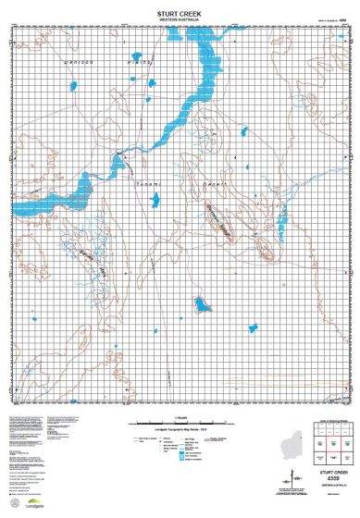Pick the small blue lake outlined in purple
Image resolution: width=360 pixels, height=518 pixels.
(x=198, y=302)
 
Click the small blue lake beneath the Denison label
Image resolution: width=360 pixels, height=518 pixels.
(x=73, y=86)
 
